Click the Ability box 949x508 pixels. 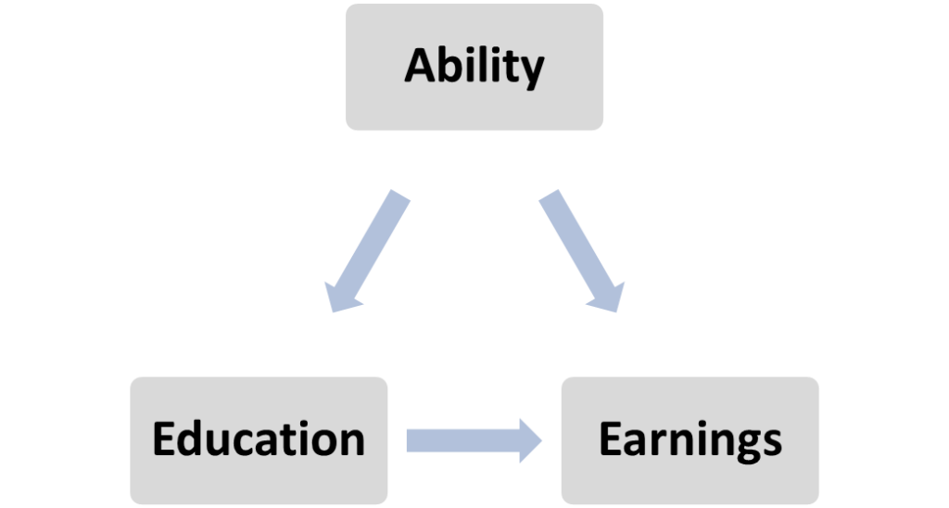pos(474,67)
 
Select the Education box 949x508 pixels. pos(259,440)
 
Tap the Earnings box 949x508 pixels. pos(690,440)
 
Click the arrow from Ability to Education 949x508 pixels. pos(367,251)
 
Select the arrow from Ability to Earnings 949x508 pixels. pos(582,251)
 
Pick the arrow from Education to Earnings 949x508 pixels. pos(474,440)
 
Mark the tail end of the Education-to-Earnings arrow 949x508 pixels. pos(408,440)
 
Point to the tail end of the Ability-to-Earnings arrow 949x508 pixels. pos(549,195)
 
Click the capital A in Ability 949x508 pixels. pos(422,66)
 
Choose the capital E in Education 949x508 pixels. pos(164,438)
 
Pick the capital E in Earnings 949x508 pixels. pos(610,438)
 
